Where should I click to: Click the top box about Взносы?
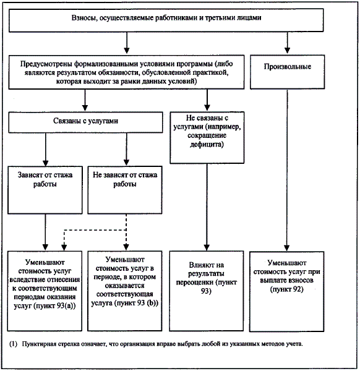pyautogui.click(x=166, y=20)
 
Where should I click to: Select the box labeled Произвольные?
pyautogui.click(x=288, y=72)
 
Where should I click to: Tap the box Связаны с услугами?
pyautogui.click(x=85, y=122)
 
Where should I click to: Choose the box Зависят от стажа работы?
pyautogui.click(x=45, y=190)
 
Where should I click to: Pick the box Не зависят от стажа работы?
pyautogui.click(x=125, y=190)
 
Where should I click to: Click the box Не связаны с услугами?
pyautogui.click(x=207, y=137)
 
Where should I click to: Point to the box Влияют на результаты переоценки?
pyautogui.click(x=207, y=291)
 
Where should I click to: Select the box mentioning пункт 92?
pyautogui.click(x=286, y=291)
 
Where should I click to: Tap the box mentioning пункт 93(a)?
pyautogui.click(x=45, y=291)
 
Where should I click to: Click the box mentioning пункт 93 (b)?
pyautogui.click(x=125, y=291)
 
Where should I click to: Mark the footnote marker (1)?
pyautogui.click(x=13, y=344)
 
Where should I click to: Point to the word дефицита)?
pyautogui.click(x=207, y=144)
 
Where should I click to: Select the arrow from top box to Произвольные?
pyautogui.click(x=288, y=43)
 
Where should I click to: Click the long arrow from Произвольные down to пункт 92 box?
pyautogui.click(x=287, y=171)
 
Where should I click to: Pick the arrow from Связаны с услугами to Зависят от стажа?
pyautogui.click(x=45, y=149)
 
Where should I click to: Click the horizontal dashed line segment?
pyautogui.click(x=95, y=230)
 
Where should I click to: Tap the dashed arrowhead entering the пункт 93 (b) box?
pyautogui.click(x=126, y=247)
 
